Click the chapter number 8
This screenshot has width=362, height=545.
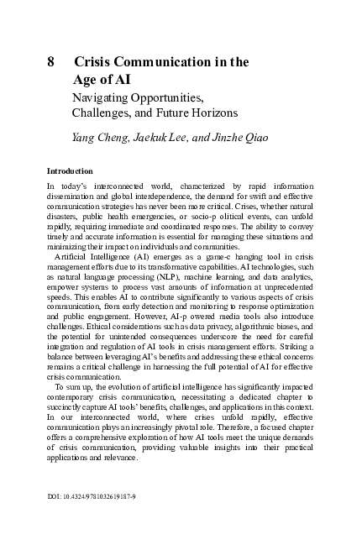[50, 61]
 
